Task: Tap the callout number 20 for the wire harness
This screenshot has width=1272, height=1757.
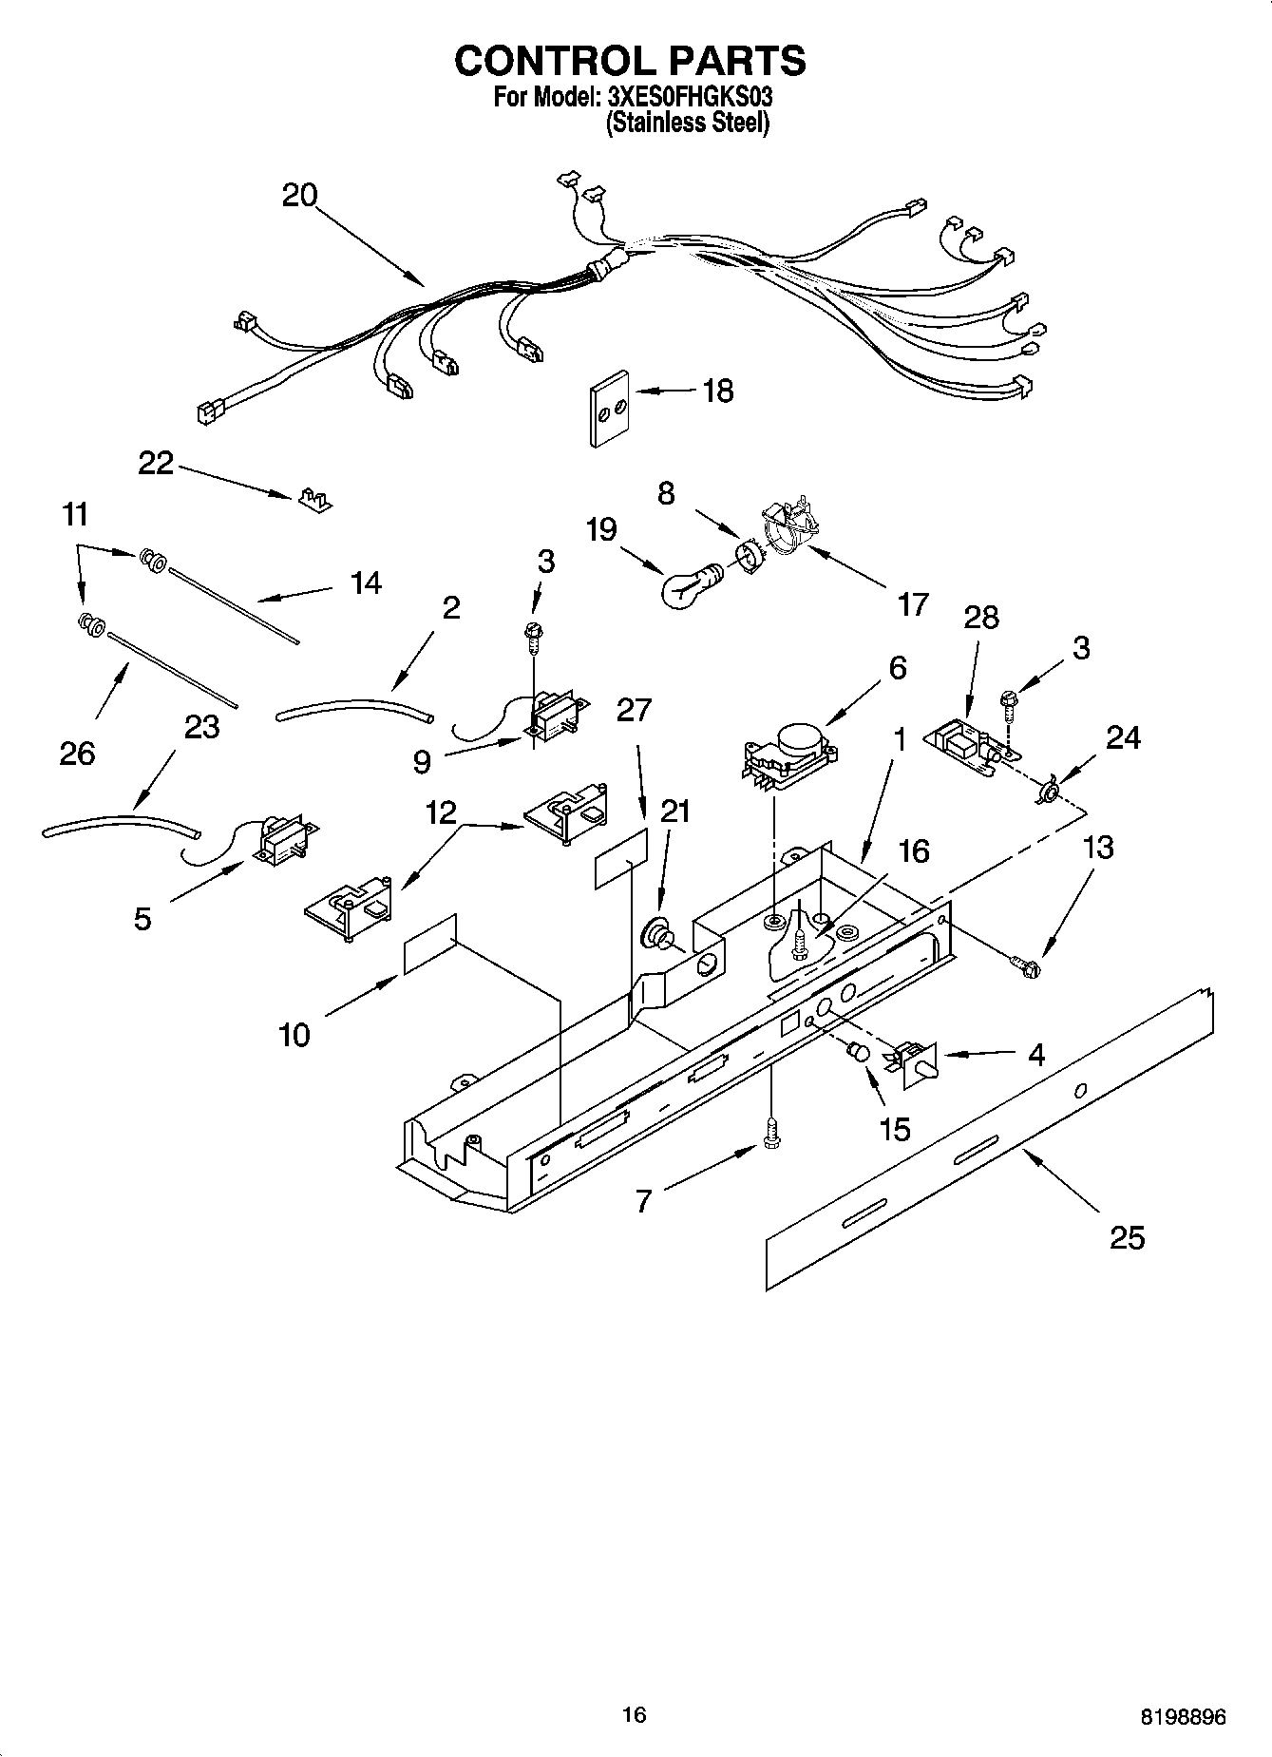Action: [299, 195]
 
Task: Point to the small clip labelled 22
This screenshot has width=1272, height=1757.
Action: [313, 500]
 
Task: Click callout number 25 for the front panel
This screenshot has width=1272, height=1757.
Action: [1127, 1237]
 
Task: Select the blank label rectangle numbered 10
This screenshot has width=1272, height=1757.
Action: [430, 944]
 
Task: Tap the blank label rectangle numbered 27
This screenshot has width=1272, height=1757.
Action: [622, 857]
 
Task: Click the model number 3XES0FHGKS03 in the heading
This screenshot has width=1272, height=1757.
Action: [689, 96]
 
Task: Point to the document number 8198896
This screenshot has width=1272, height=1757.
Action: [1183, 1716]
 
